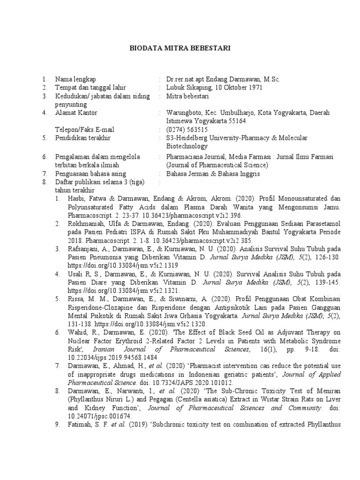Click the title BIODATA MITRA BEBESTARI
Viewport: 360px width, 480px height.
click(x=180, y=48)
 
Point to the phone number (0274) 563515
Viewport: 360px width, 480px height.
click(x=187, y=130)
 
